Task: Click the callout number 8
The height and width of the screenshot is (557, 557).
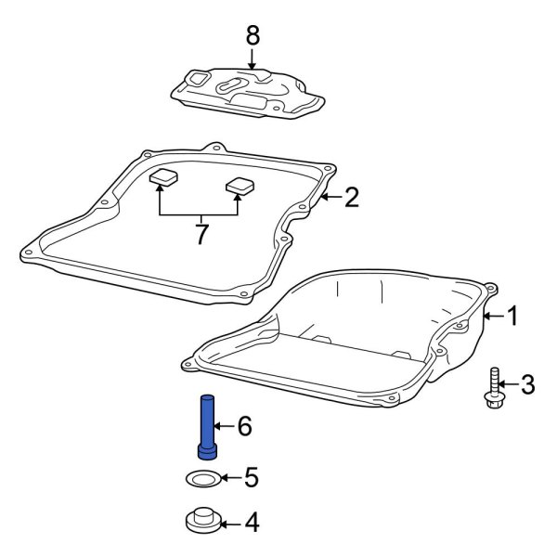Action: coord(253,36)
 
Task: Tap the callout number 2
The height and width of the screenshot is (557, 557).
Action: coord(351,196)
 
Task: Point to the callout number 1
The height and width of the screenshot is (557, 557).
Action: coord(511,317)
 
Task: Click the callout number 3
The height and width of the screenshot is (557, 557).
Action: coord(526,383)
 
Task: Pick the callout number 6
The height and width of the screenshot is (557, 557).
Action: coord(244,426)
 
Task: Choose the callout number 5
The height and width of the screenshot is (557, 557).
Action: coord(250,479)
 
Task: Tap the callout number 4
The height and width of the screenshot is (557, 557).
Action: coord(251,524)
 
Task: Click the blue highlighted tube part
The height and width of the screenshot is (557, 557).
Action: coord(207,426)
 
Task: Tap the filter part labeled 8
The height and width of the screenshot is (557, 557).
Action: coord(249,93)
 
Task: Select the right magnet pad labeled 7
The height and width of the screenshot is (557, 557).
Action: coord(240,185)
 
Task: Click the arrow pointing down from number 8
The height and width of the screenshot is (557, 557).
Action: coord(253,60)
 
